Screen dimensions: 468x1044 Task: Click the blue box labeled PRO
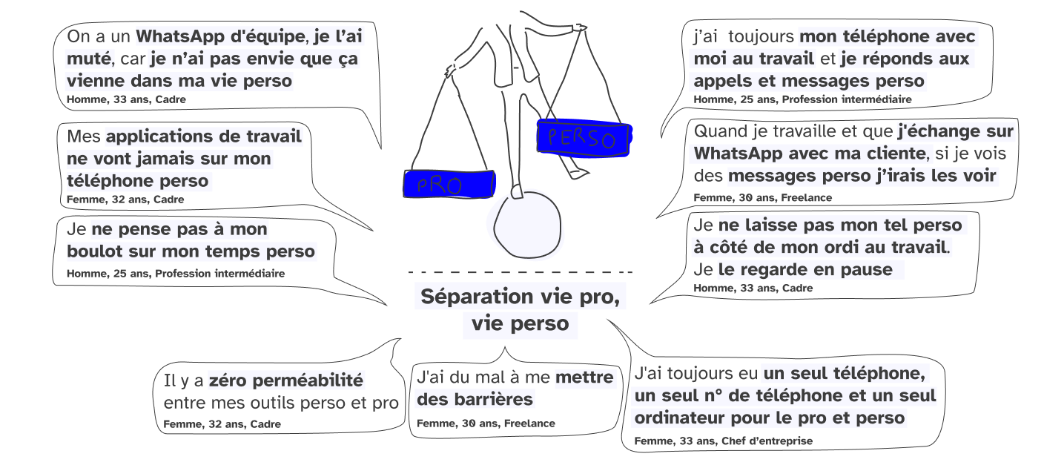click(x=449, y=184)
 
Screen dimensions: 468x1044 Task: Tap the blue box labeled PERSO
click(x=582, y=137)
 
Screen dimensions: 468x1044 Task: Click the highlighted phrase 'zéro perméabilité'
click(x=287, y=381)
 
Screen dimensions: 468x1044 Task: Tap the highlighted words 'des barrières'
click(x=475, y=400)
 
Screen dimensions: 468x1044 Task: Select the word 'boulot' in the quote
click(x=91, y=251)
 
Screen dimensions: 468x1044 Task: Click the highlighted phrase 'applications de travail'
click(x=204, y=136)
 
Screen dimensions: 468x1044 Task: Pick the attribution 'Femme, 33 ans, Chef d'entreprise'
click(x=723, y=441)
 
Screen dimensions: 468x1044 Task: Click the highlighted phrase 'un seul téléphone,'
click(x=843, y=373)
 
